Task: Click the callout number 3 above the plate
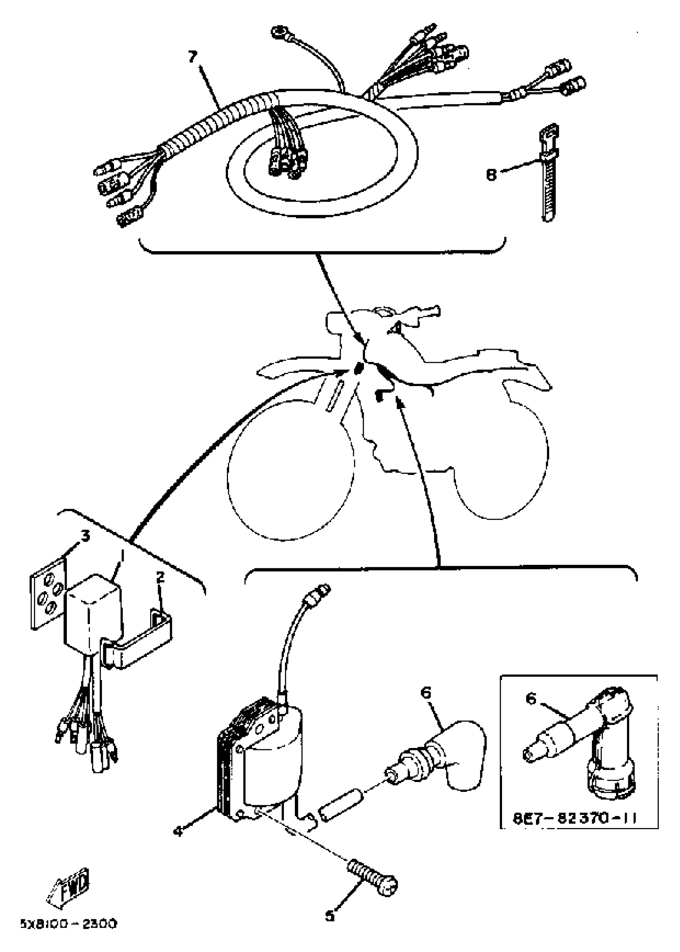point(85,536)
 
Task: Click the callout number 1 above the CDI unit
point(122,556)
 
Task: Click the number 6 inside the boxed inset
point(531,699)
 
